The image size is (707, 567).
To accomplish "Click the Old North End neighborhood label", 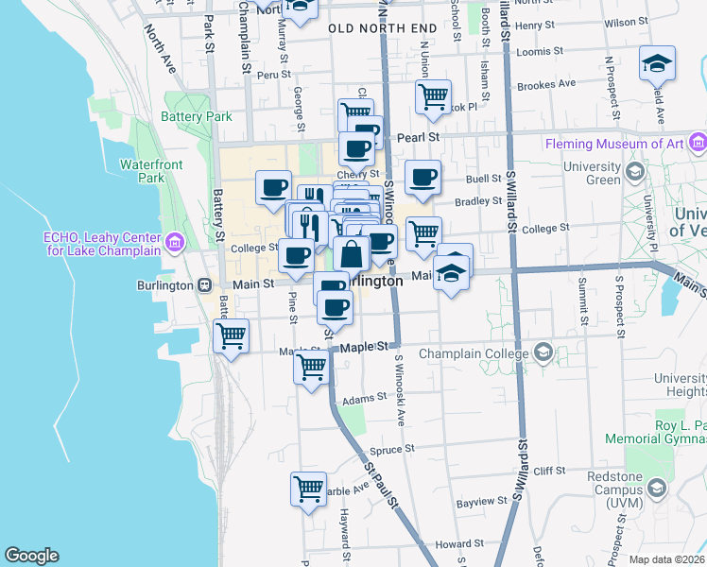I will [383, 29].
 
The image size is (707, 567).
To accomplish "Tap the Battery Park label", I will [197, 117].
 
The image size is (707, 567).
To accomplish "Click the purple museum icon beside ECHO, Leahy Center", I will [174, 245].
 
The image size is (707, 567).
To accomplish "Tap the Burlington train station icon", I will [204, 284].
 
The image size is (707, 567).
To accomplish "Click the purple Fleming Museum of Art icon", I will [698, 144].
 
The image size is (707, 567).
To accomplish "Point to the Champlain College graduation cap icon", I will [543, 353].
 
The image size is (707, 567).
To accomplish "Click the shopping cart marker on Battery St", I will [231, 335].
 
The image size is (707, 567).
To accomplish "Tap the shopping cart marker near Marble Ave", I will [309, 489].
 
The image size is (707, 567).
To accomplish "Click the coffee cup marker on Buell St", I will [422, 176].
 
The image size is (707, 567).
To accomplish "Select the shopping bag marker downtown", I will [351, 254].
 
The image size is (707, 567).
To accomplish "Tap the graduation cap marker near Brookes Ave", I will [656, 63].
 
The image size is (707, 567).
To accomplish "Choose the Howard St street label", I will [459, 544].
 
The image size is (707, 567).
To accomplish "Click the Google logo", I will [31, 556].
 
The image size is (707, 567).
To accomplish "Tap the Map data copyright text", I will [667, 559].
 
